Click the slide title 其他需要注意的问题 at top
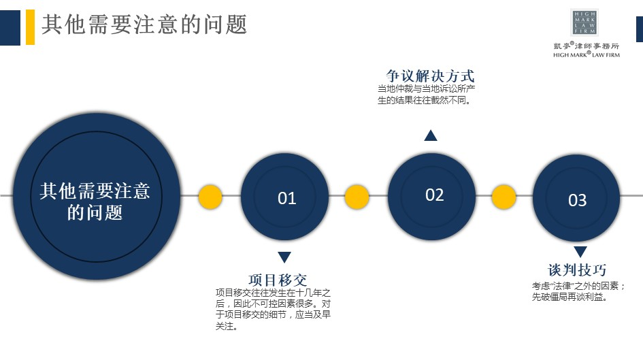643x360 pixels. tap(144, 24)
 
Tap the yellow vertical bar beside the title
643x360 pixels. tap(30, 27)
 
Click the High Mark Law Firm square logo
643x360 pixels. tap(584, 22)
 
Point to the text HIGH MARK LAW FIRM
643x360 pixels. tap(587, 54)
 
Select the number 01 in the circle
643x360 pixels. tap(286, 199)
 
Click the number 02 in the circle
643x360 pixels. tap(434, 195)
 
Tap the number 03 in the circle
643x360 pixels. tap(577, 200)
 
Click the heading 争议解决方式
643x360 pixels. tap(430, 76)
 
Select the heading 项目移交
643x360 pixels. tap(278, 280)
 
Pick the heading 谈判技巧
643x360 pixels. tap(577, 269)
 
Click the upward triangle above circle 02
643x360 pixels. tap(431, 135)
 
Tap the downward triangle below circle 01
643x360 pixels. tap(284, 257)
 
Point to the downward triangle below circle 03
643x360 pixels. tap(580, 252)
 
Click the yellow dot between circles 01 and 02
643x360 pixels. tap(357, 197)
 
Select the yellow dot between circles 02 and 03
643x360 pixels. tap(504, 197)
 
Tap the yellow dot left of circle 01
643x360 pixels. tap(210, 197)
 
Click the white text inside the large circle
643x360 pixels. tap(95, 201)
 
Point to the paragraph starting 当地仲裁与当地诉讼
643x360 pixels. tap(427, 95)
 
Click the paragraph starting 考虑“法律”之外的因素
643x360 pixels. tap(578, 291)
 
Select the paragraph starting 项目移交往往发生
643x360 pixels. tap(273, 310)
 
